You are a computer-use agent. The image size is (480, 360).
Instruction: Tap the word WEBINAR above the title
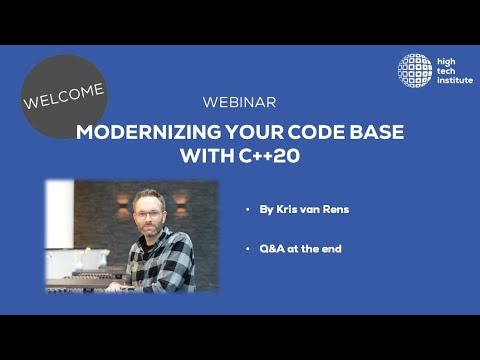pos(239,103)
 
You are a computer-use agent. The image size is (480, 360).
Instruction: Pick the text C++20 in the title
pos(269,156)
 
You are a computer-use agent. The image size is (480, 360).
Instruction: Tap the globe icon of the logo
pos(415,70)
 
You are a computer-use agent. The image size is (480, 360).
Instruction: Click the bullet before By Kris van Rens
pos(247,212)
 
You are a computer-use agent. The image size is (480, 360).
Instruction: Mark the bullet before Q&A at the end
pos(247,248)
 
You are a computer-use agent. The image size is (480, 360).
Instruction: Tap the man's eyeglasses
pos(148,213)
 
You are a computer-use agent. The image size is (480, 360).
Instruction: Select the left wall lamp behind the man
pos(122,200)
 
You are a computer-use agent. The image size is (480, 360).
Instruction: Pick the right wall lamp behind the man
pos(181,200)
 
